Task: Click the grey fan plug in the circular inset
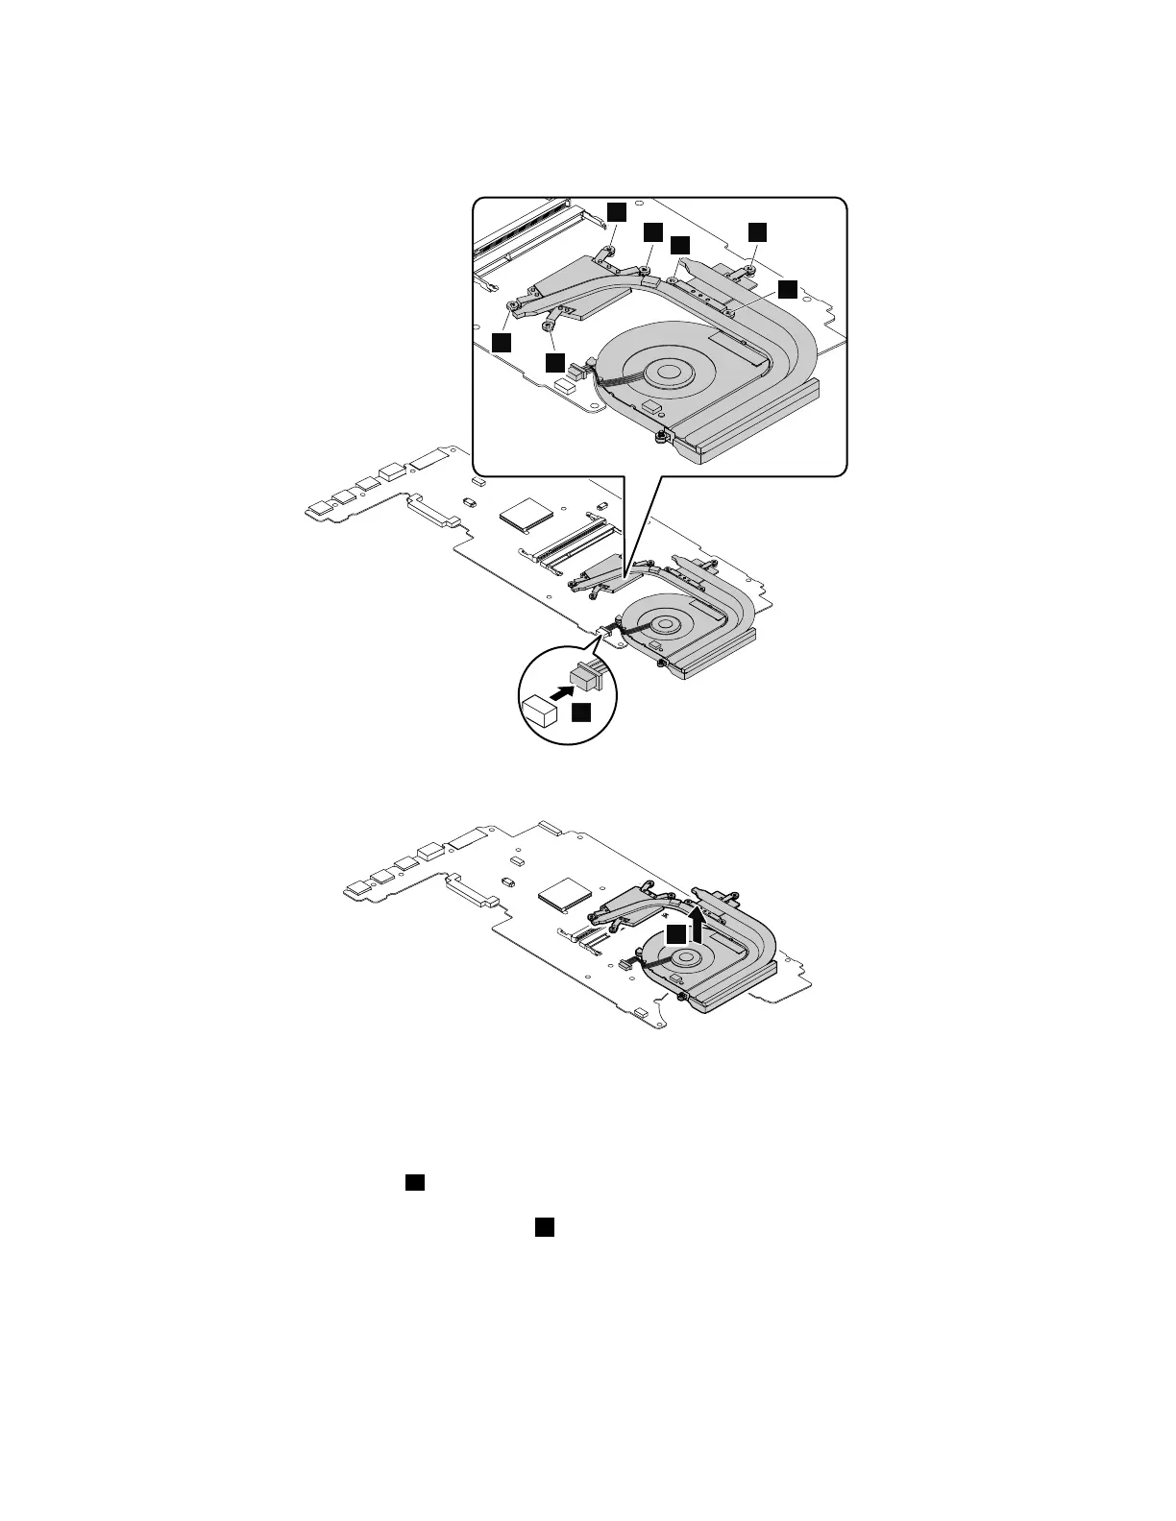(x=585, y=677)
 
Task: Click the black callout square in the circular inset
(x=582, y=712)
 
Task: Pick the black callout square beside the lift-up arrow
(x=677, y=933)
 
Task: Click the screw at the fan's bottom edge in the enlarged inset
(x=660, y=438)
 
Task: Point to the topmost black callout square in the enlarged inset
(x=616, y=210)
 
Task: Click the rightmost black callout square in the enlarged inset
(x=788, y=289)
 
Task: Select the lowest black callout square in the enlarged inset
(x=554, y=362)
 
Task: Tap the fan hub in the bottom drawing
(x=685, y=957)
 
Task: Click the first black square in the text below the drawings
(x=415, y=1182)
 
